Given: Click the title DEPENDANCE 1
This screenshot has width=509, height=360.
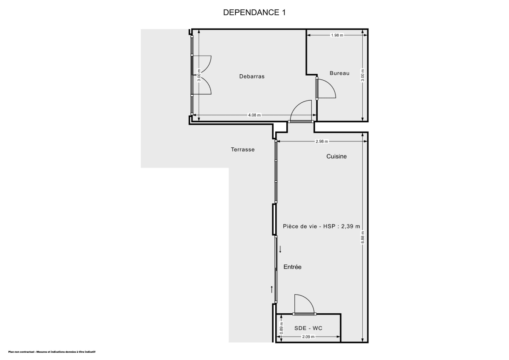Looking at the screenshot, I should click(255, 13).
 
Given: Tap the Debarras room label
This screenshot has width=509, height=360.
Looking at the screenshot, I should click(252, 76).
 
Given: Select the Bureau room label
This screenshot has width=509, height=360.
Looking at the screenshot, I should click(339, 73).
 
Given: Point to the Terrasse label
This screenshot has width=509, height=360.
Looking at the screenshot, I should click(243, 149).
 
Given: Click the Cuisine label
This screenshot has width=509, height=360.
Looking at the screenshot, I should click(336, 156).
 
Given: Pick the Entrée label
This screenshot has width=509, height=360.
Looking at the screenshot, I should click(292, 267).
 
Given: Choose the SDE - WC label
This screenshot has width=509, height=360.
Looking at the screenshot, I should click(308, 328).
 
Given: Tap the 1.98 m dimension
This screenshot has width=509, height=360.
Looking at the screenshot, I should click(337, 35).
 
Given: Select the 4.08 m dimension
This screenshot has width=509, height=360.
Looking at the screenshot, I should click(255, 115).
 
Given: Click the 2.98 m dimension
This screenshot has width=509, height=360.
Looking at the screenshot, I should click(322, 141).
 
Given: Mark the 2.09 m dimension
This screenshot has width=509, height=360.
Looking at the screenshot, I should click(308, 337).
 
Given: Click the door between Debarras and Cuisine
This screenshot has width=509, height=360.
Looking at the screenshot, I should click(300, 112).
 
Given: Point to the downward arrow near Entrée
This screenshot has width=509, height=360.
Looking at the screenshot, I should click(280, 249).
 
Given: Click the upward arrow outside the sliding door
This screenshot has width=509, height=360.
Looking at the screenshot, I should click(272, 290).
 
